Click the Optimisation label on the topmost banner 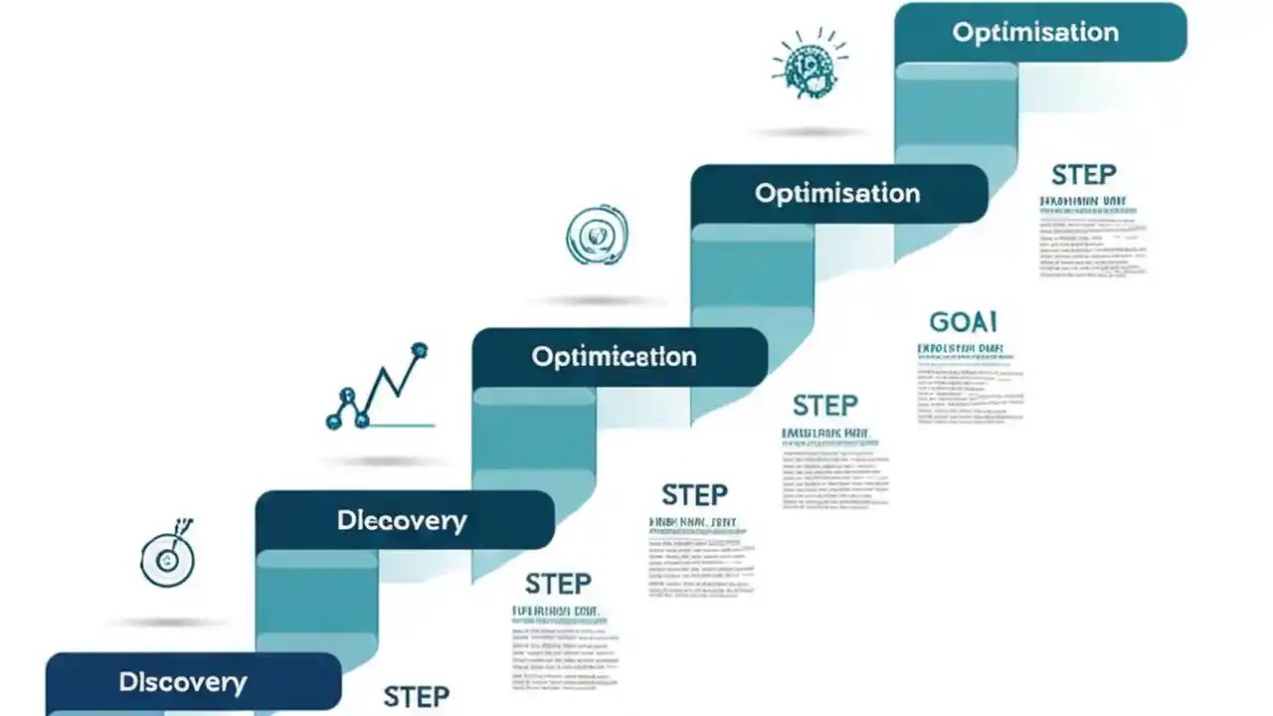point(1035,32)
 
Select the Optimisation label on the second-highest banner point(837,193)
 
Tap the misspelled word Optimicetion point(614,356)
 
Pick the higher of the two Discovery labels point(402,520)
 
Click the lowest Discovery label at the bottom point(183,682)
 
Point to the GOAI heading point(963,322)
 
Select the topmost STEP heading point(1084,176)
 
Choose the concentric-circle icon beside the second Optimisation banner point(596,236)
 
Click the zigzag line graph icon point(379,389)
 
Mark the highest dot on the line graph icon point(419,350)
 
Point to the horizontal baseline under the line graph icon point(398,426)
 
